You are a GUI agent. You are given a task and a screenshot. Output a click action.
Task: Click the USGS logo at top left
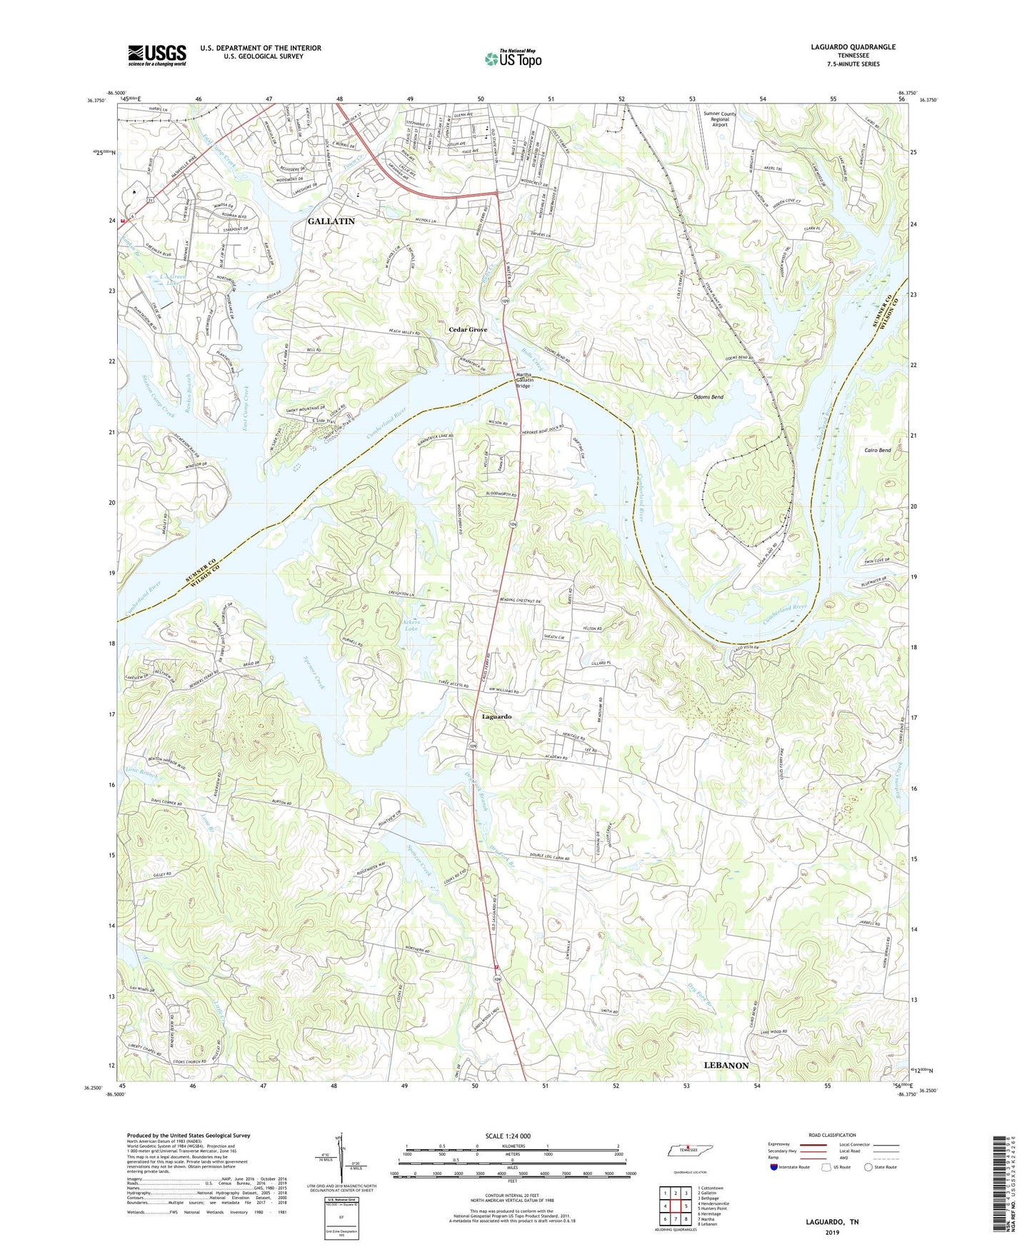click(157, 54)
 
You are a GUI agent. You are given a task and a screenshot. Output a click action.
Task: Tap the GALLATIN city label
click(331, 221)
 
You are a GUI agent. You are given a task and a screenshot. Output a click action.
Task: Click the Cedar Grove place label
click(468, 329)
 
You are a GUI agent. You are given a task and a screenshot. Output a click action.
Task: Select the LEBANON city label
click(726, 1065)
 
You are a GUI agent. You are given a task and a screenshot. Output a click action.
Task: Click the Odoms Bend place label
click(708, 397)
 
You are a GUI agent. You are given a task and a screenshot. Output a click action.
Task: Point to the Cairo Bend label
click(876, 451)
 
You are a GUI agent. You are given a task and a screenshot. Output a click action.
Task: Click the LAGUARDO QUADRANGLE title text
click(853, 47)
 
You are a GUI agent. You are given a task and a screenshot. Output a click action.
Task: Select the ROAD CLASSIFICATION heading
click(831, 1135)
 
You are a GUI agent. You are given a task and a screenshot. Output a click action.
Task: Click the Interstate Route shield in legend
click(776, 1168)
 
